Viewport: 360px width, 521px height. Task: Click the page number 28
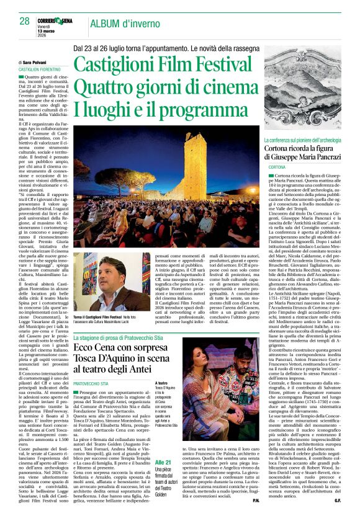coord(24,20)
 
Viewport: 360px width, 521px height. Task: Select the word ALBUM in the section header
coord(107,24)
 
